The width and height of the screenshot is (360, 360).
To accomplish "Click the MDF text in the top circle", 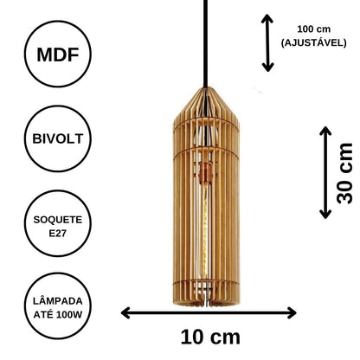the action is click(x=58, y=55).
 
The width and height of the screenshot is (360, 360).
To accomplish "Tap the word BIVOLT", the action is click(x=58, y=138).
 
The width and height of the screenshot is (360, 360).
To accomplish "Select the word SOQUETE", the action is click(x=58, y=220).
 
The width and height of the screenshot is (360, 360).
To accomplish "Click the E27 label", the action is click(x=58, y=233).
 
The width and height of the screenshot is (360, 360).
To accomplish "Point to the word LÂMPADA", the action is click(x=58, y=301).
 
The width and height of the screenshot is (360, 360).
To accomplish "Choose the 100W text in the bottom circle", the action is click(x=69, y=315).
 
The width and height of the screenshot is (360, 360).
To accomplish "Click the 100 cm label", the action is click(x=314, y=29).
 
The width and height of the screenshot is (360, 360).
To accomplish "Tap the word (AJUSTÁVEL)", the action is click(x=314, y=43).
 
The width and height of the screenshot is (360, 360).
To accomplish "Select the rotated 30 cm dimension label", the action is click(x=344, y=173).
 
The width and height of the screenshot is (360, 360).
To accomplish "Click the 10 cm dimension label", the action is click(x=210, y=337).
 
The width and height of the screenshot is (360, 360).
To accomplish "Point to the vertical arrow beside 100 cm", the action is click(x=267, y=43).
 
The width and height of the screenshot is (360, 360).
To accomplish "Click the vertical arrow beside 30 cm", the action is click(x=325, y=172).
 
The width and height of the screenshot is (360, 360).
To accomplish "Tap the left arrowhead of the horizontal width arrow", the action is click(x=125, y=313).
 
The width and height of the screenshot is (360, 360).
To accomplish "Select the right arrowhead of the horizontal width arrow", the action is click(x=292, y=313).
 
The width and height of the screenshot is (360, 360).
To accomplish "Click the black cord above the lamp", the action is click(x=205, y=43).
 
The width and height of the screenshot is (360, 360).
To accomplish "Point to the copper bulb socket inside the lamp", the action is click(x=205, y=174).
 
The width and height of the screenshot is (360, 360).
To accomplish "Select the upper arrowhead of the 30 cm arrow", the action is click(x=325, y=131).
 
